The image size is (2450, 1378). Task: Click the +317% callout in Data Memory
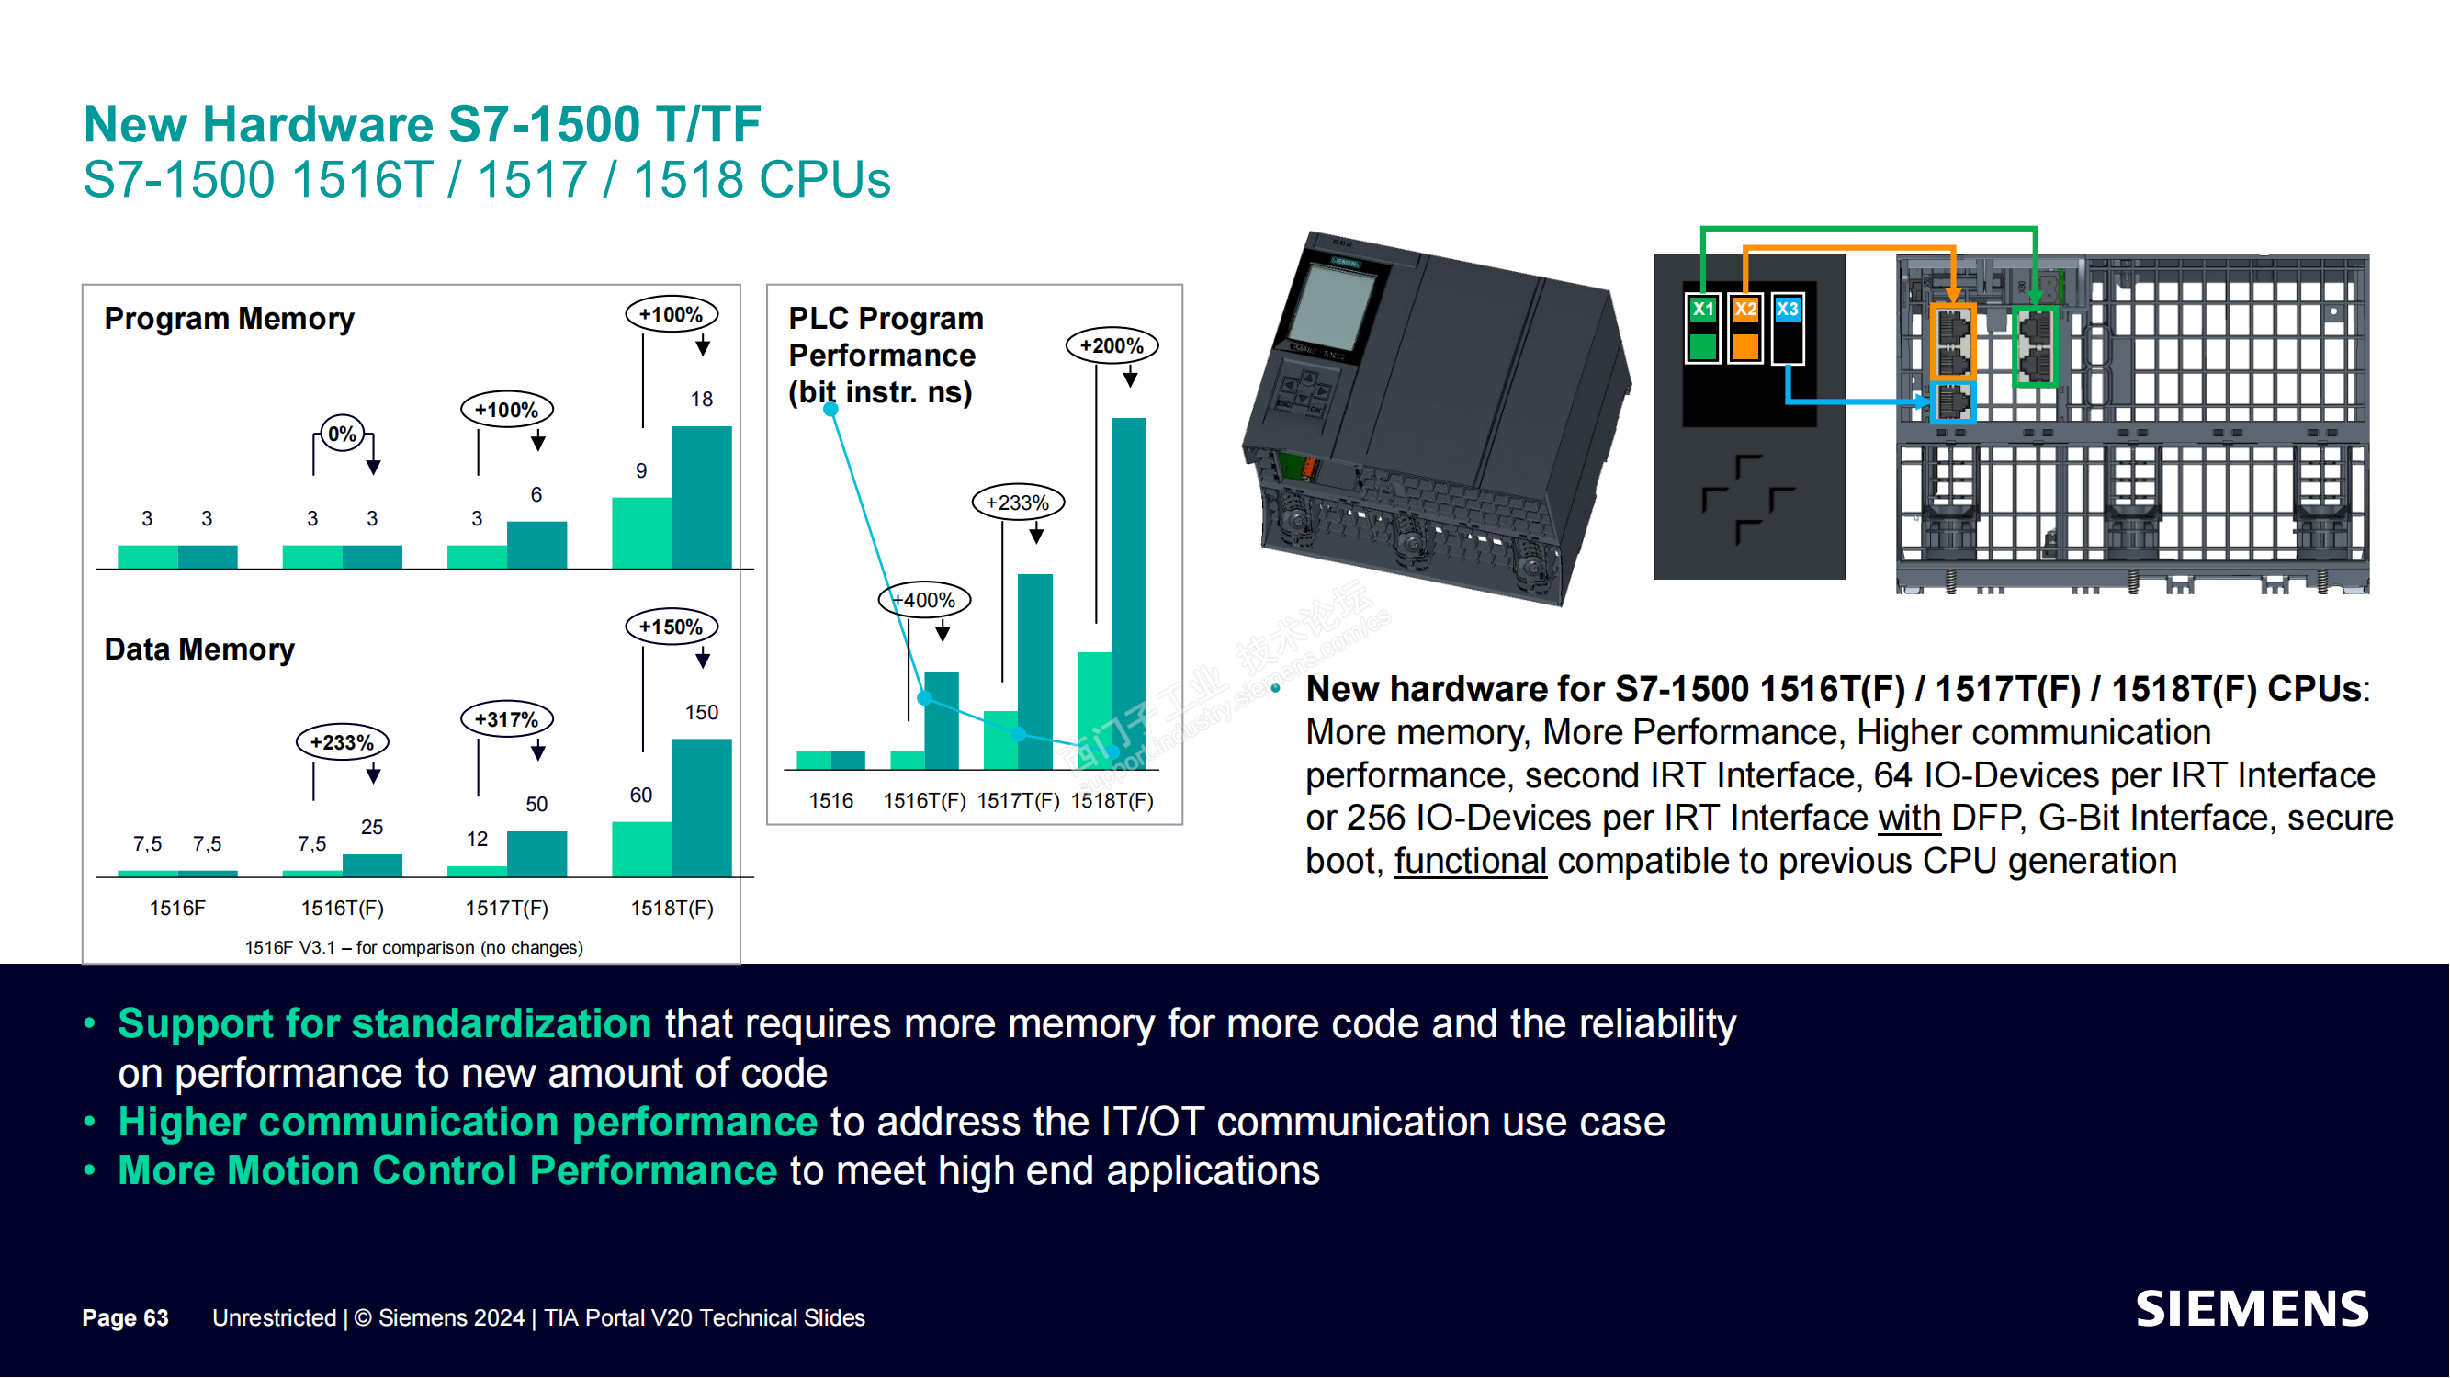pos(507,719)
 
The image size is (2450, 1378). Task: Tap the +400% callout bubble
pos(924,600)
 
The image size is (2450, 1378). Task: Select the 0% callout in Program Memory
pos(343,435)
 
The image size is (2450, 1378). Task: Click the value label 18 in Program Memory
pos(702,400)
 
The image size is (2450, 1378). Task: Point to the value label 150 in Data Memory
pos(702,712)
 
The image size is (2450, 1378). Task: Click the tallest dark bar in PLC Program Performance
pos(1129,593)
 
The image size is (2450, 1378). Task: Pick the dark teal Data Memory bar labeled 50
pos(536,854)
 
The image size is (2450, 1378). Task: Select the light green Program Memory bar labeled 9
pos(642,533)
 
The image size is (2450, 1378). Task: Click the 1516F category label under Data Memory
pos(177,909)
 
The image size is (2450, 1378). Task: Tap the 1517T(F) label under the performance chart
pos(1019,801)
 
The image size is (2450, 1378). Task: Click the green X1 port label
pos(1703,309)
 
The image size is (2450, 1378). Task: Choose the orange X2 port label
pos(1745,309)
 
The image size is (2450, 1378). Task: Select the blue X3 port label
pos(1788,309)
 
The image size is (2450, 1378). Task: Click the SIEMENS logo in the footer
pos(2252,1309)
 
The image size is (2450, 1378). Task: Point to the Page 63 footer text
pos(126,1318)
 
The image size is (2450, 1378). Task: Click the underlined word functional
pos(1471,862)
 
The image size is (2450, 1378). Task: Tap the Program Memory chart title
pos(230,319)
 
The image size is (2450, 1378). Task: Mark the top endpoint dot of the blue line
pos(831,409)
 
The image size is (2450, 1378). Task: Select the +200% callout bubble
pos(1112,346)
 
